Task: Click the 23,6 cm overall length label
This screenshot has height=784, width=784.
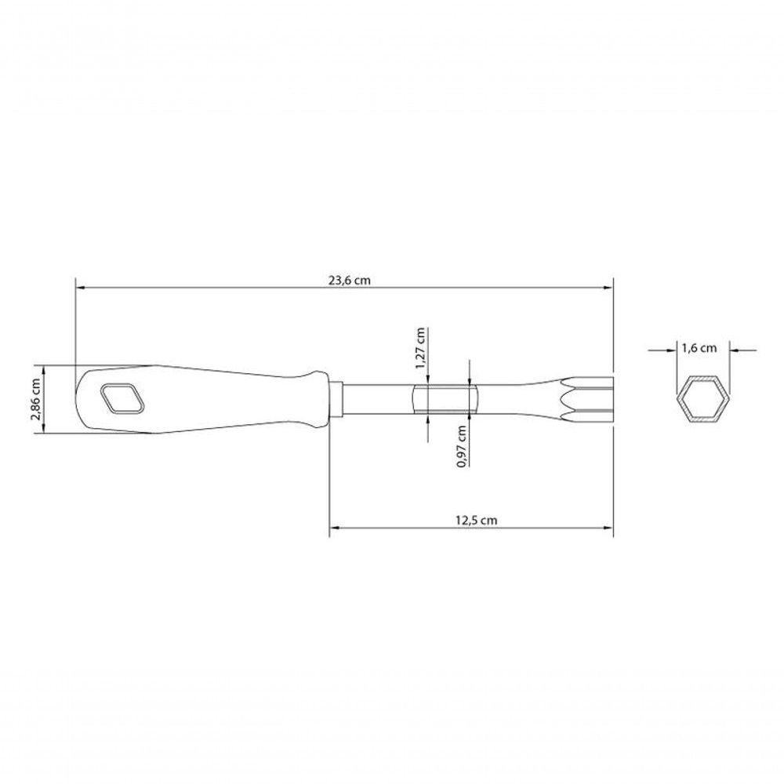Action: click(x=350, y=280)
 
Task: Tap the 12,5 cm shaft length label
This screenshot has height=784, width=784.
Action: click(x=476, y=520)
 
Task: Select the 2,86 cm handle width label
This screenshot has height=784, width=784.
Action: click(x=35, y=398)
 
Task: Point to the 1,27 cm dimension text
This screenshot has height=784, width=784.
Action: click(x=420, y=348)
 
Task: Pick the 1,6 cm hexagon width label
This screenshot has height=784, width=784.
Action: click(x=699, y=347)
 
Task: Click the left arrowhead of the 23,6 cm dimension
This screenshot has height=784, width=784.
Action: click(x=80, y=288)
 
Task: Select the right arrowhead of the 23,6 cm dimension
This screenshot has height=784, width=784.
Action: click(x=608, y=288)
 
